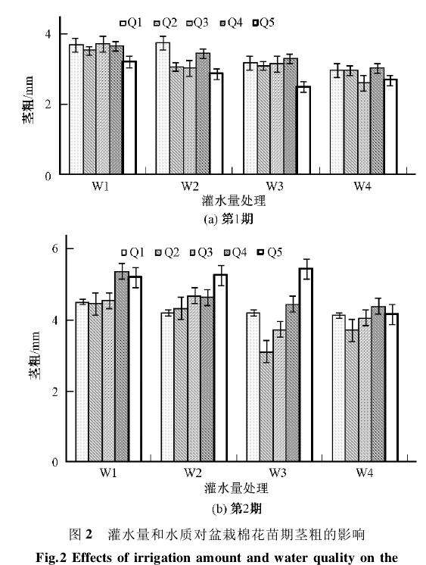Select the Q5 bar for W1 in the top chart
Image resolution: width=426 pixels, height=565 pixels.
click(129, 118)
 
